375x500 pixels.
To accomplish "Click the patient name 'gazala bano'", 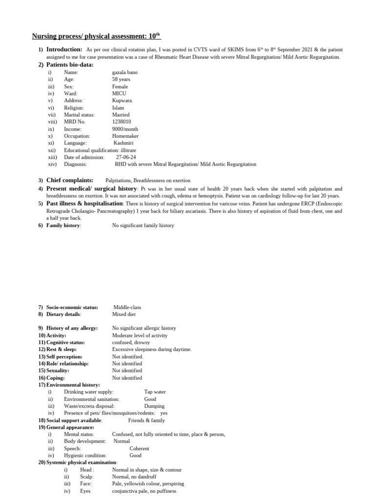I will (125, 72).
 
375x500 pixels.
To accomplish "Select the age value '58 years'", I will (121, 79).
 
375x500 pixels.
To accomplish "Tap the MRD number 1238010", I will (122, 122).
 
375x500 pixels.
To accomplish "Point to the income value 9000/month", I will (125, 129).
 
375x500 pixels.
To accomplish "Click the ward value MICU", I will (119, 93).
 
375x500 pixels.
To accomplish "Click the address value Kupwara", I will (123, 101).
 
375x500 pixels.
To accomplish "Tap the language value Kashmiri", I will (125, 143).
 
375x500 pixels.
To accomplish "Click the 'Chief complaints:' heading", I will (70, 180).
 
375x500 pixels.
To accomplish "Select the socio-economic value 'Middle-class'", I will (127, 307).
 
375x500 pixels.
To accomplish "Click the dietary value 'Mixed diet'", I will (124, 314).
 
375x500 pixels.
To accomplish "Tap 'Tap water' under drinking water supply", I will (155, 392).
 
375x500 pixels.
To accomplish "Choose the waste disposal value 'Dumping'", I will (154, 406).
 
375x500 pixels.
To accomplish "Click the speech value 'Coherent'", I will (139, 448).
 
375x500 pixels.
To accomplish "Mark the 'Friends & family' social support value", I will (146, 420).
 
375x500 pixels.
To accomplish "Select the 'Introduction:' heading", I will (64, 50).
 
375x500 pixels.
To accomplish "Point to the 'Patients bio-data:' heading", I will (70, 64).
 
